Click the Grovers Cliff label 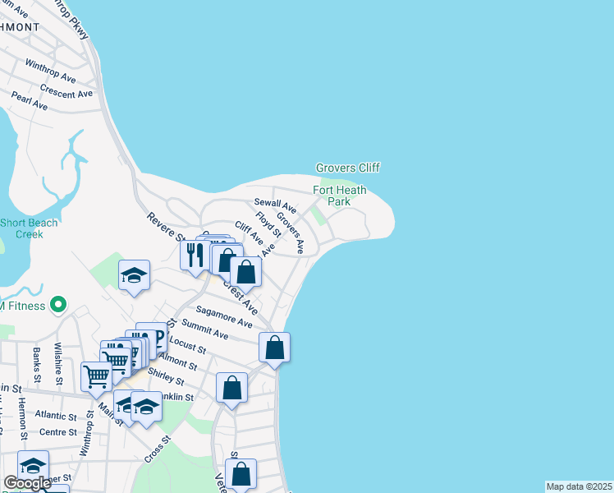tap(348, 168)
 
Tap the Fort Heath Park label tap(339, 196)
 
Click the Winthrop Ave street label tap(51, 71)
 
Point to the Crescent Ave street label tap(66, 93)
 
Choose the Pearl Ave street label tap(30, 101)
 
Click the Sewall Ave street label tap(274, 203)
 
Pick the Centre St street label tap(57, 431)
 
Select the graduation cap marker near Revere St tap(134, 276)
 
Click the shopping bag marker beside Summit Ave tap(275, 347)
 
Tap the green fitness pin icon tap(57, 306)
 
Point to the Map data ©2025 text tap(579, 486)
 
